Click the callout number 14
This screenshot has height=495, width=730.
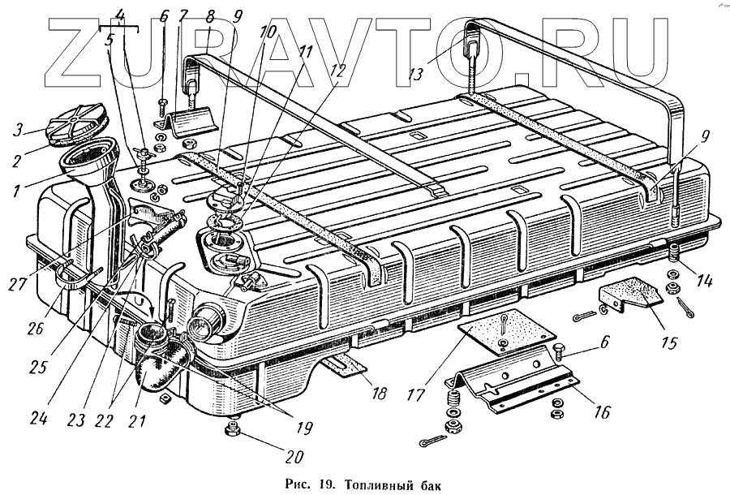[704, 282]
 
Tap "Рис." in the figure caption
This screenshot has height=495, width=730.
[298, 485]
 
